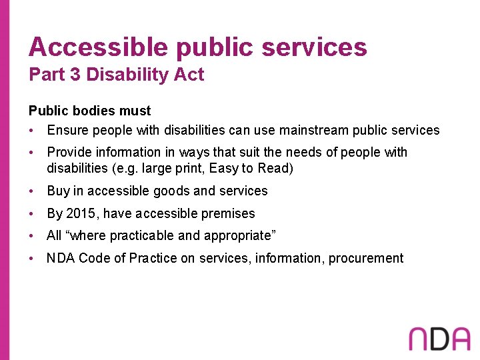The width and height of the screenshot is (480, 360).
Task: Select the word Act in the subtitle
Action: [190, 75]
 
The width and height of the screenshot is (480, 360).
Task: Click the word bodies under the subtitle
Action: [83, 111]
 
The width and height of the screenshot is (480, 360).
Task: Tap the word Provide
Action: [69, 152]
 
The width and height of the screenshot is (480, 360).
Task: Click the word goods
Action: [171, 191]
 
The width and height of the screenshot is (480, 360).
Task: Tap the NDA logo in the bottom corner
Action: [439, 339]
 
